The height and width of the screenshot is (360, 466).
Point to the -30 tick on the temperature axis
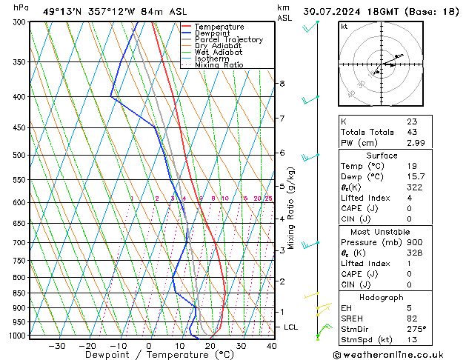[x=57, y=345]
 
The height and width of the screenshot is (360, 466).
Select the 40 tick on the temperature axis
[x=272, y=345]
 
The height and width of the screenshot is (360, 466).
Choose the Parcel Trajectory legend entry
[x=227, y=40]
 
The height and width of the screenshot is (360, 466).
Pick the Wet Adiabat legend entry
[x=219, y=53]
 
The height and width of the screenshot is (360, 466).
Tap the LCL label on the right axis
[x=291, y=327]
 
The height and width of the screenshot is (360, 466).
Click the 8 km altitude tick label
[x=282, y=84]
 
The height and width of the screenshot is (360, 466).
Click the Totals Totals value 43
[x=412, y=132]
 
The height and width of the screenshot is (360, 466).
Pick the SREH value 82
[x=412, y=319]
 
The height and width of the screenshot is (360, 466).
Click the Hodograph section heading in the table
[x=382, y=297]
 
